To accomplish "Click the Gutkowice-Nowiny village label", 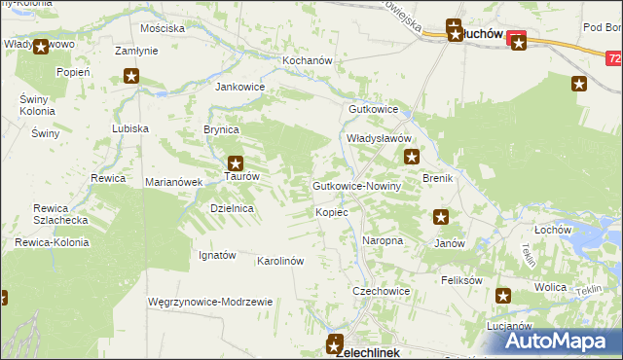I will point(356,186).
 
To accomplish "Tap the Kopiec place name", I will point(332,212).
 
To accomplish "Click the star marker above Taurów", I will point(235,163).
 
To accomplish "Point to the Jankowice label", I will point(239,87).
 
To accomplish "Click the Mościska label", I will point(163,28).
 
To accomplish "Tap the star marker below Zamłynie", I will point(131,76).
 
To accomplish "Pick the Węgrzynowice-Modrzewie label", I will point(209,303).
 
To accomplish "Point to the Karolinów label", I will point(280,262).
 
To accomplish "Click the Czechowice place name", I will point(381,291).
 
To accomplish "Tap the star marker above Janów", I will point(441,219).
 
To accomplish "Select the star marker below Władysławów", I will point(412,157).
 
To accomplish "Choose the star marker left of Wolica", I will point(503,296).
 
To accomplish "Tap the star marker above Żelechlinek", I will point(335,342).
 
